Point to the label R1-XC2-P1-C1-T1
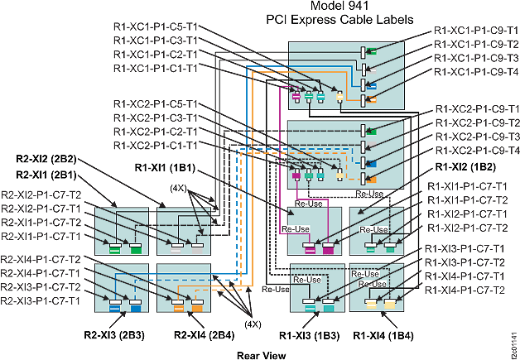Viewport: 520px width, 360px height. pyautogui.click(x=155, y=144)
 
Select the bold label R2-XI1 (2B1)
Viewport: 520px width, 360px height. pyautogui.click(x=49, y=175)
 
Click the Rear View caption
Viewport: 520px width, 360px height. pyautogui.click(x=259, y=353)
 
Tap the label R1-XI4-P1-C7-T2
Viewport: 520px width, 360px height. pyautogui.click(x=465, y=290)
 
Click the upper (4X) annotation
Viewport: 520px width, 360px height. pyautogui.click(x=177, y=187)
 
